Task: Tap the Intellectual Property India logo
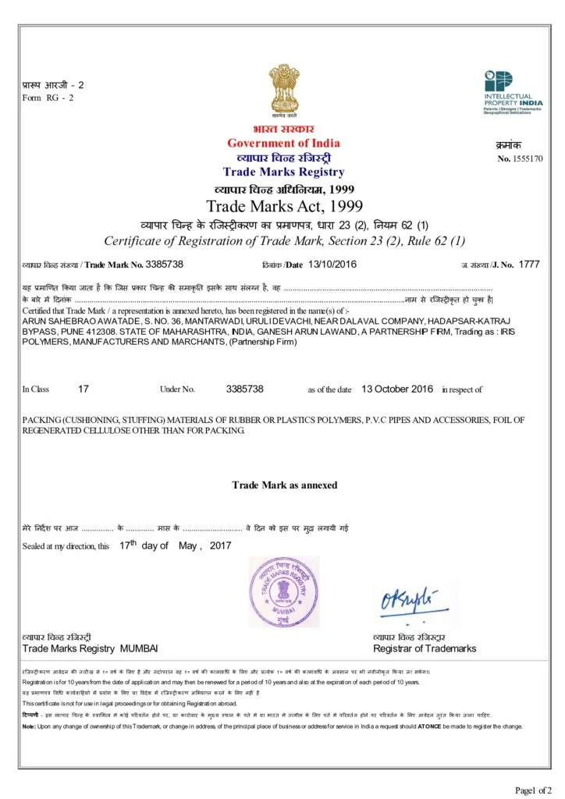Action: click(x=509, y=92)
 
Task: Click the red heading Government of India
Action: click(x=283, y=143)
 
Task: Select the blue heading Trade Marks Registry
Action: click(x=283, y=172)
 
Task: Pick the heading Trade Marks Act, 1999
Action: click(x=284, y=207)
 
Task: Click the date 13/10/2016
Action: click(x=332, y=264)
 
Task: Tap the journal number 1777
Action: click(x=528, y=265)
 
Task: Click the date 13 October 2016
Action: click(x=397, y=389)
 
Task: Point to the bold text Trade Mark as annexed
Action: click(x=284, y=485)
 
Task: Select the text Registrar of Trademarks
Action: click(x=424, y=648)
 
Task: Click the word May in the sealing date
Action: click(x=188, y=546)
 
